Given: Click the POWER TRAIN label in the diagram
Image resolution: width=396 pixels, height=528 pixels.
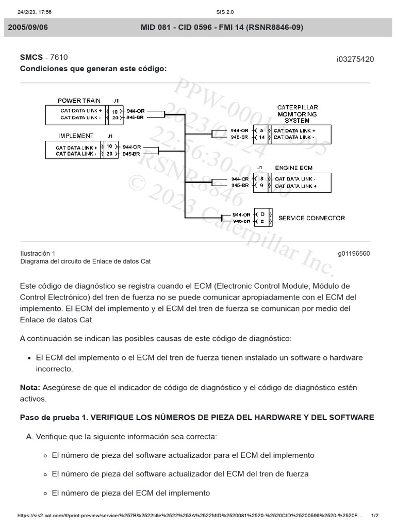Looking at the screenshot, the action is (x=79, y=101).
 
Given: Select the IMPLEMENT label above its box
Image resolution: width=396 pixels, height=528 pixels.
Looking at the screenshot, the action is (x=76, y=136).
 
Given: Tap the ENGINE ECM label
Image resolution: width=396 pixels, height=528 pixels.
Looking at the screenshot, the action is (x=293, y=168).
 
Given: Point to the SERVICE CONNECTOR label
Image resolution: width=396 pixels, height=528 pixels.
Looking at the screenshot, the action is (x=311, y=218).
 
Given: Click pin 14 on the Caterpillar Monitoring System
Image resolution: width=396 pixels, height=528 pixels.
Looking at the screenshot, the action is (x=261, y=138).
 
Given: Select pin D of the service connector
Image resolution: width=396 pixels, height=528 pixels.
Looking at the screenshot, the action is (x=262, y=213).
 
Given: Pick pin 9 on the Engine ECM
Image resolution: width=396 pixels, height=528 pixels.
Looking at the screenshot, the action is (x=261, y=185).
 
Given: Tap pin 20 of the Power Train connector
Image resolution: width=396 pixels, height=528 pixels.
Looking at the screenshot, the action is (x=114, y=118).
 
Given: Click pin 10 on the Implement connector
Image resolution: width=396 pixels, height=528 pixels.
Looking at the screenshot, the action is (x=109, y=146).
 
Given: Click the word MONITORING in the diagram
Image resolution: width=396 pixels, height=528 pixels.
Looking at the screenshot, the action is (x=298, y=114).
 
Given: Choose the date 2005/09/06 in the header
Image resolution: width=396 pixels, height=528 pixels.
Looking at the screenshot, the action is (x=28, y=27).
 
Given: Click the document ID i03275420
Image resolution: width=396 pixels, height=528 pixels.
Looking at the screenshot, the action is (x=355, y=59).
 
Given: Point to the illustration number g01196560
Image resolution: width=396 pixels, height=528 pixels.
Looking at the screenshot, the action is (x=354, y=254).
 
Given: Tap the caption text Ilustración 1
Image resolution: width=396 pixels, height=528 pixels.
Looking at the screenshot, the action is (x=38, y=254).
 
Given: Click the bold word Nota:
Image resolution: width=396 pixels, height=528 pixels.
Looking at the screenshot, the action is (x=30, y=387).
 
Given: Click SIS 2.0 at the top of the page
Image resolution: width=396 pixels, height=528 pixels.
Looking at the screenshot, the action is (x=224, y=12).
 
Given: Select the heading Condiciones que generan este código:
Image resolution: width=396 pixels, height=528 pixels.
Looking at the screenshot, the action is (x=93, y=69).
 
